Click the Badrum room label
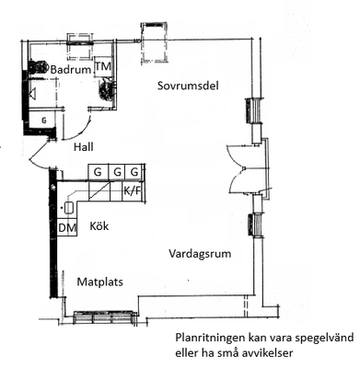tap(71, 70)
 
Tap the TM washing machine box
tap(103, 66)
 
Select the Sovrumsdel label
tap(188, 86)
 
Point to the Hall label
tap(84, 147)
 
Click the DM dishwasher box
tap(67, 227)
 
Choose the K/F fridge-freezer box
tap(133, 191)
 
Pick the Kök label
tap(99, 226)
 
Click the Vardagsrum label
tap(200, 254)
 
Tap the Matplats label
tap(99, 282)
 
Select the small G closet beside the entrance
tap(43, 121)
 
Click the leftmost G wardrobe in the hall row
tap(98, 172)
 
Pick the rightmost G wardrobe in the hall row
tap(134, 172)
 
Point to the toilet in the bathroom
tap(38, 66)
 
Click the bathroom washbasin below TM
tap(107, 88)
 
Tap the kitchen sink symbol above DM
tap(68, 208)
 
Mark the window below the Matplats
tap(105, 317)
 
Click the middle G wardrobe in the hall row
tap(117, 172)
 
